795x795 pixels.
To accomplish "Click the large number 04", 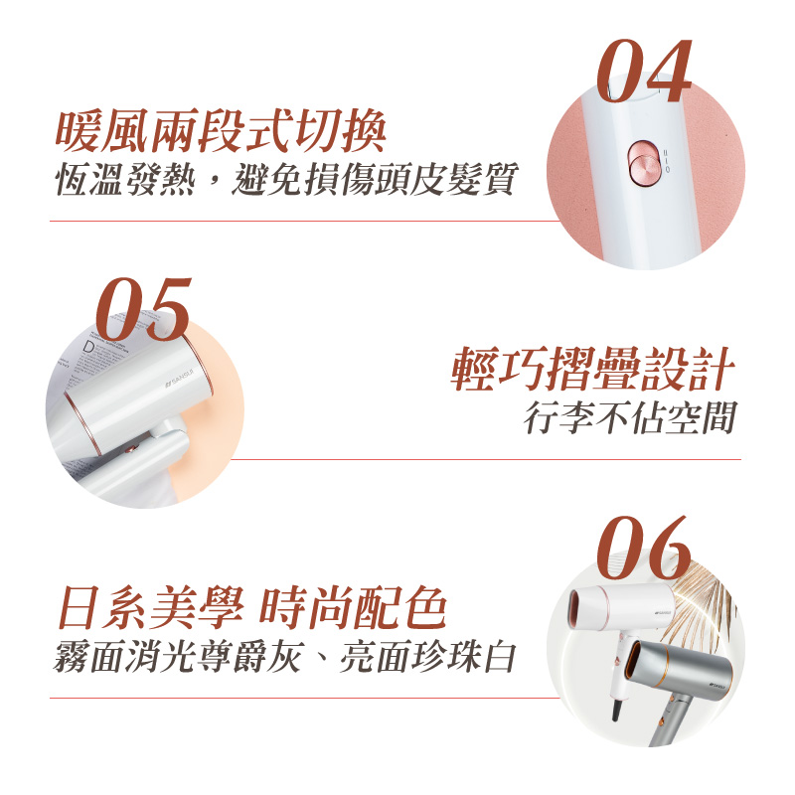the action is [644, 71].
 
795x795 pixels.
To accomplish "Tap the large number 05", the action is [144, 309].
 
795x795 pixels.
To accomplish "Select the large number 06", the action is [644, 548].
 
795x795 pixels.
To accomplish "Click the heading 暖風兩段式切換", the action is [221, 131].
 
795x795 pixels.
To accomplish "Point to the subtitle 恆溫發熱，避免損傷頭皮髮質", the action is [286, 179].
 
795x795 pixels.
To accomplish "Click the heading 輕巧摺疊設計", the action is [592, 369].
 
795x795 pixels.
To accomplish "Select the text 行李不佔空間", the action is [630, 417].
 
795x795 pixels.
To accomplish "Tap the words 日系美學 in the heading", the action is [151, 607].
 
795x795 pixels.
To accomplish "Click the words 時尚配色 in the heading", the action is [353, 607].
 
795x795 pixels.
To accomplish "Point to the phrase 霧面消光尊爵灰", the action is [178, 656].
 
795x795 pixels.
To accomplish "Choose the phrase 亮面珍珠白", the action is [428, 656].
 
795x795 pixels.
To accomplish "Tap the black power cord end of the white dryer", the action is [616, 710].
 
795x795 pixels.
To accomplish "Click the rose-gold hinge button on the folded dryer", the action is [134, 448].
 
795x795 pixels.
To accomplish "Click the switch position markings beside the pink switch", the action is [667, 161].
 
